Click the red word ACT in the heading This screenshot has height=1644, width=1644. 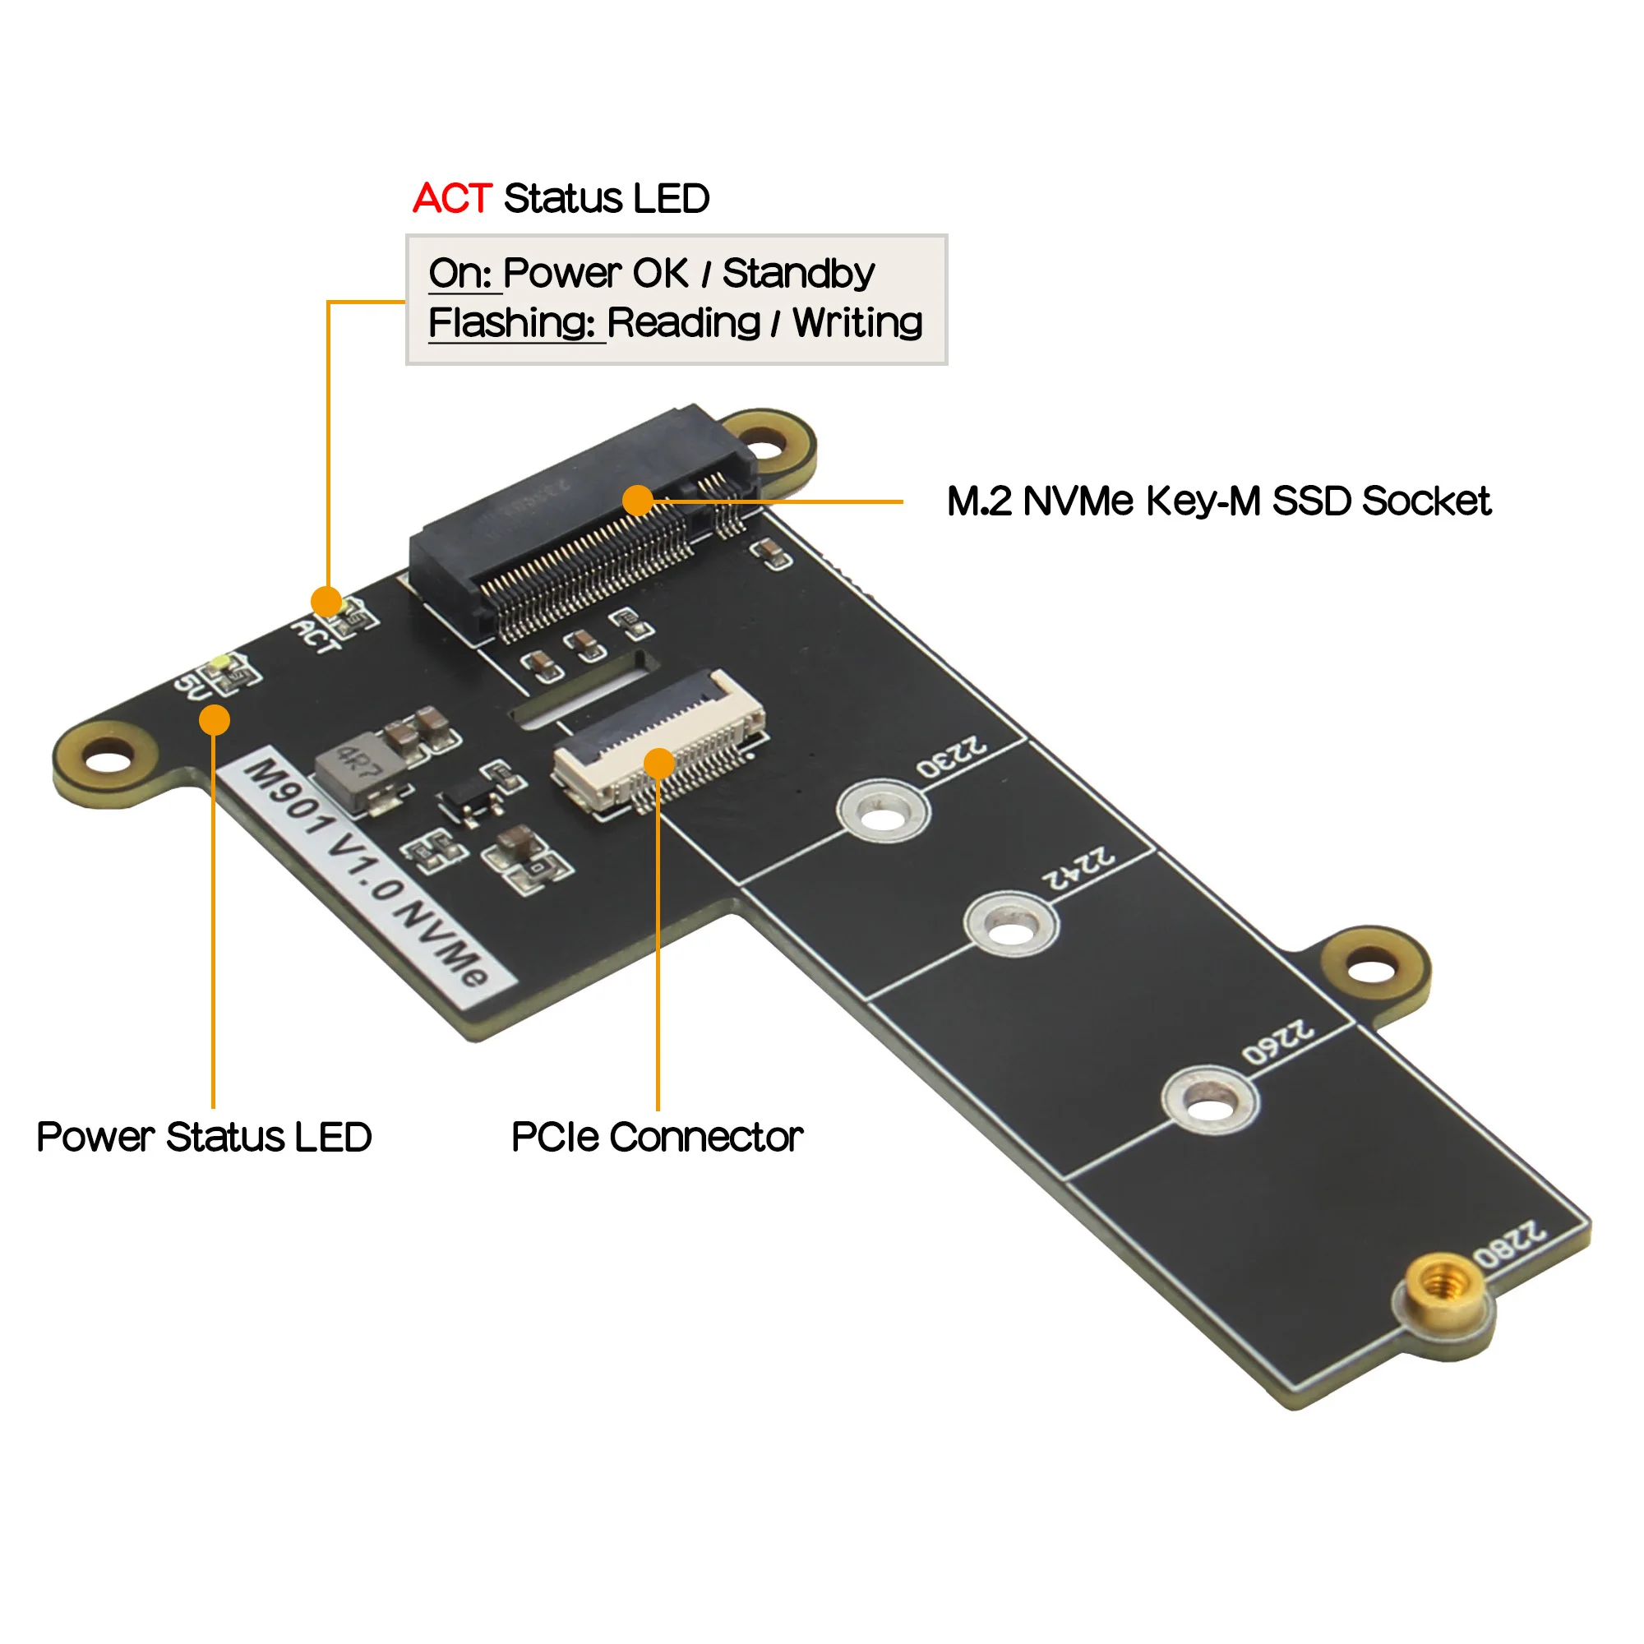tap(452, 199)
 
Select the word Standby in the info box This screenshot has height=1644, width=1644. tap(797, 274)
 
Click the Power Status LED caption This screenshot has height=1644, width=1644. tap(204, 1138)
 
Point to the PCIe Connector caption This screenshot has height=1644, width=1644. tap(657, 1138)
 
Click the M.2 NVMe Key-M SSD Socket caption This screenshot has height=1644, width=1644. tap(1217, 501)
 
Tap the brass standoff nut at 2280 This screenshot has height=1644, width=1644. tap(1441, 1286)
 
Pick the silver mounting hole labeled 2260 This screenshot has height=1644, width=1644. tap(1210, 1106)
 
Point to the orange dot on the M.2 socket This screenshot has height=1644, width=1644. tap(637, 501)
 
